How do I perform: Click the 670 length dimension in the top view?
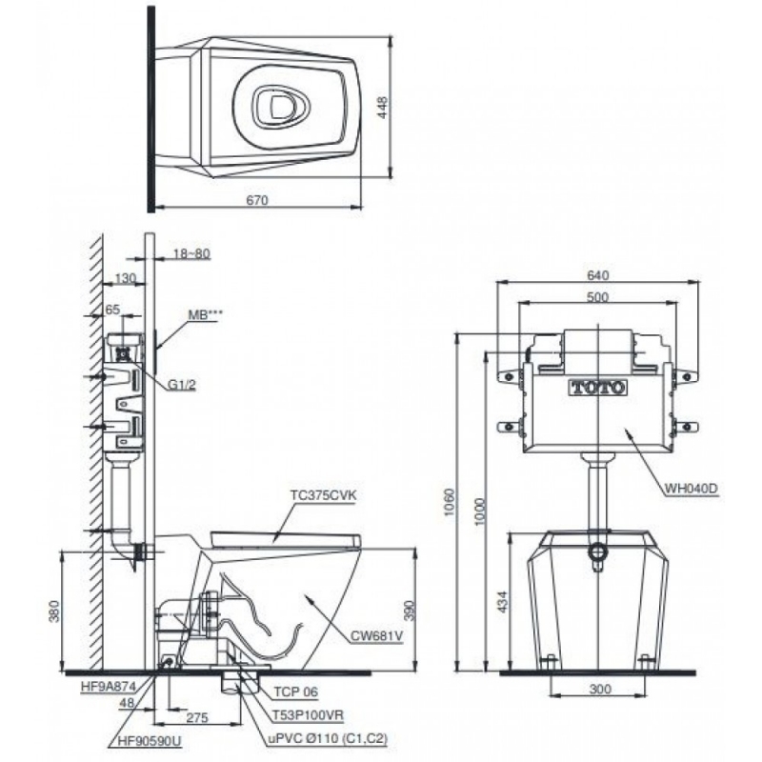point(258,200)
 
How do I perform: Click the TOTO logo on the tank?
point(597,388)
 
